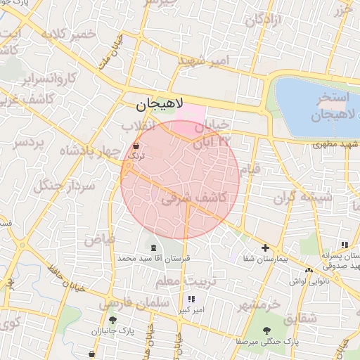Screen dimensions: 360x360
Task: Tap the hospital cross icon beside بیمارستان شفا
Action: tap(265, 247)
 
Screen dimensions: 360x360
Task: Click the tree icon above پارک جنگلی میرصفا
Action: tap(266, 330)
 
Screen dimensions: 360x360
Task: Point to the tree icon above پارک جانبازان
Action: tap(112, 320)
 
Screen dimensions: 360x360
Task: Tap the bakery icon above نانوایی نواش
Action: tap(309, 270)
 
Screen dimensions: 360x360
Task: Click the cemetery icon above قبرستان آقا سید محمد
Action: tap(153, 246)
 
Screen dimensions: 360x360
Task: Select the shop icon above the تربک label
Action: tap(136, 146)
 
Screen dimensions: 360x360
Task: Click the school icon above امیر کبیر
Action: tap(191, 300)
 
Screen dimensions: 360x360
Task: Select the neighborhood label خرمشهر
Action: tap(259, 305)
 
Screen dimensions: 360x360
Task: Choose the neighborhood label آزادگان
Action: tap(264, 20)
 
